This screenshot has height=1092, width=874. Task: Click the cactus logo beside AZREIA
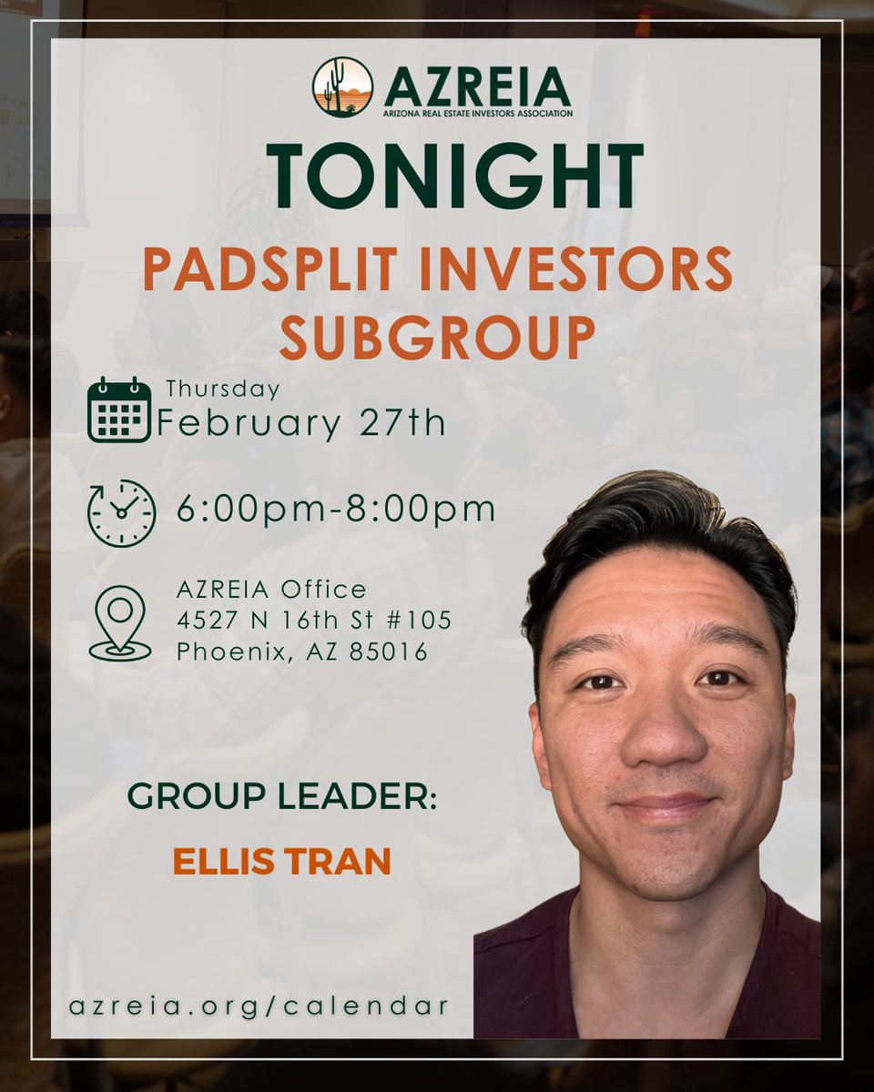point(342,87)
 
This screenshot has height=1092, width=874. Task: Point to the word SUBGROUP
point(437,337)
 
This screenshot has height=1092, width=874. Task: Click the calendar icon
point(119,409)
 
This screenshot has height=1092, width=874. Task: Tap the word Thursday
point(221,389)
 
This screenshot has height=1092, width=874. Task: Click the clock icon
point(121,513)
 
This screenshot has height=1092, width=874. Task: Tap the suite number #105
point(417,622)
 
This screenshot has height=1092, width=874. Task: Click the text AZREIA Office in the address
point(270,590)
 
